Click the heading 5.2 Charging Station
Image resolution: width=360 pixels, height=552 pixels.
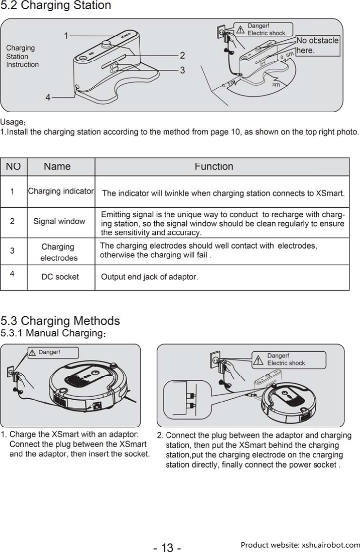click(x=56, y=6)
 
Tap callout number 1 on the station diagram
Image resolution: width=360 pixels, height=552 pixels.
click(x=66, y=35)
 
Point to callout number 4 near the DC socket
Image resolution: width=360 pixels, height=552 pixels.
click(x=48, y=97)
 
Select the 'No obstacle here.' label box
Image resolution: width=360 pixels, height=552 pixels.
click(x=317, y=45)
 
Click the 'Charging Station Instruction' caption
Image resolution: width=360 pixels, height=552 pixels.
click(x=22, y=56)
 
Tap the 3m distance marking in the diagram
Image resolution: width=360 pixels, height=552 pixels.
click(x=276, y=84)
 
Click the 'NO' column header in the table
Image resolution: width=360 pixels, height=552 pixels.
click(x=14, y=167)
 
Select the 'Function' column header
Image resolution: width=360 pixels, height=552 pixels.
click(x=213, y=167)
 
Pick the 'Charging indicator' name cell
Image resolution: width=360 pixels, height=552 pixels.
click(x=61, y=191)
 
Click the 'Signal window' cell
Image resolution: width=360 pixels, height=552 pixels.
click(x=59, y=221)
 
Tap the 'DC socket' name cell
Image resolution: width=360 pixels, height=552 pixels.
click(x=60, y=277)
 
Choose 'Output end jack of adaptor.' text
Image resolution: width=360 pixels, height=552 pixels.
click(x=149, y=277)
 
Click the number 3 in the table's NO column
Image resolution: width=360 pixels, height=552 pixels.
click(x=12, y=251)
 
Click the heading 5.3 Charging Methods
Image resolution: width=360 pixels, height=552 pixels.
click(x=60, y=321)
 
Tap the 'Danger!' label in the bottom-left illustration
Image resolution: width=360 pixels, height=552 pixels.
click(x=49, y=352)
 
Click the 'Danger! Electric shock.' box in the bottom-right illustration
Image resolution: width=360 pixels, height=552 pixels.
click(x=288, y=359)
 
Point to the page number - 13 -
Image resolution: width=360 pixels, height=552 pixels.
click(x=167, y=548)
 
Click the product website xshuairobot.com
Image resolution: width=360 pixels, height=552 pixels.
click(x=300, y=545)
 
